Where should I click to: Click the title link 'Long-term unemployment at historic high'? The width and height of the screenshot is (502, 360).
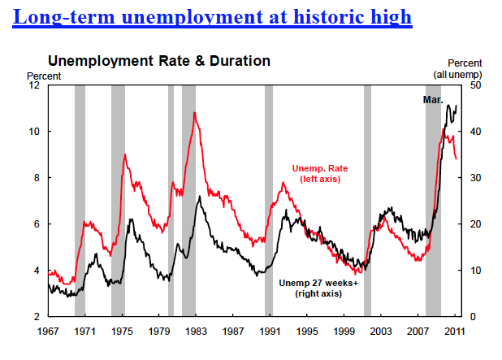[x=213, y=15]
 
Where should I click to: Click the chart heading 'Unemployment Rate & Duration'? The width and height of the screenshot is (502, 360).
[x=159, y=61]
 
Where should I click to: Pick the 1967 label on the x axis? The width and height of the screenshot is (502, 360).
[x=49, y=332]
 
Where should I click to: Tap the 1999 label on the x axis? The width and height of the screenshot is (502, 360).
[x=345, y=332]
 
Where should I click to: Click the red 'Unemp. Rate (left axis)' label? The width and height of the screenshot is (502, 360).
[x=316, y=173]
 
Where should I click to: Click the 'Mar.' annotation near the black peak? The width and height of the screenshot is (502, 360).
[x=433, y=99]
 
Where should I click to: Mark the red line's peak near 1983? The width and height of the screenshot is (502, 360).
[x=194, y=112]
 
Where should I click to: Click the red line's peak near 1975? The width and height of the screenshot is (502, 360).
[x=124, y=154]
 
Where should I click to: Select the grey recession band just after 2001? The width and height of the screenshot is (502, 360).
[x=367, y=200]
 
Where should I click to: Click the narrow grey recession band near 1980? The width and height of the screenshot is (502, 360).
[x=171, y=200]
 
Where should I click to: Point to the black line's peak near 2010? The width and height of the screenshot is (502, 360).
[x=448, y=106]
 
